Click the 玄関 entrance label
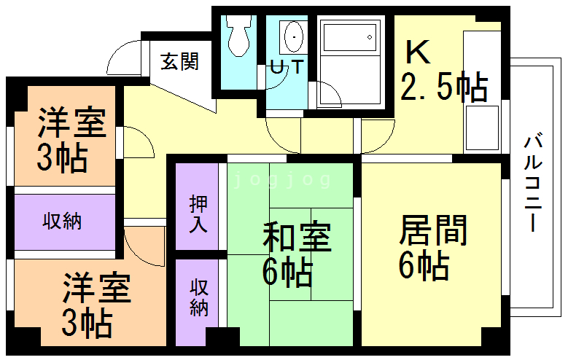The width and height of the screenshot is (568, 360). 179,63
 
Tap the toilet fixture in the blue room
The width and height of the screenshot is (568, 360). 237,37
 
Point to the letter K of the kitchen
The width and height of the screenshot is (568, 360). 418,53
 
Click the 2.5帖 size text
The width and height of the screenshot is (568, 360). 443,88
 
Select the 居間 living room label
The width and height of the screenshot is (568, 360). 433,232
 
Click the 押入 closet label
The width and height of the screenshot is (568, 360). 198,213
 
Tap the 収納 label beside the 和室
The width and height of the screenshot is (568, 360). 198,297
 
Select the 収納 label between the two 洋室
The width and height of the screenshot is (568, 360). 61,221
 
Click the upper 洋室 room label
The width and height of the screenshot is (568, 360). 71,122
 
